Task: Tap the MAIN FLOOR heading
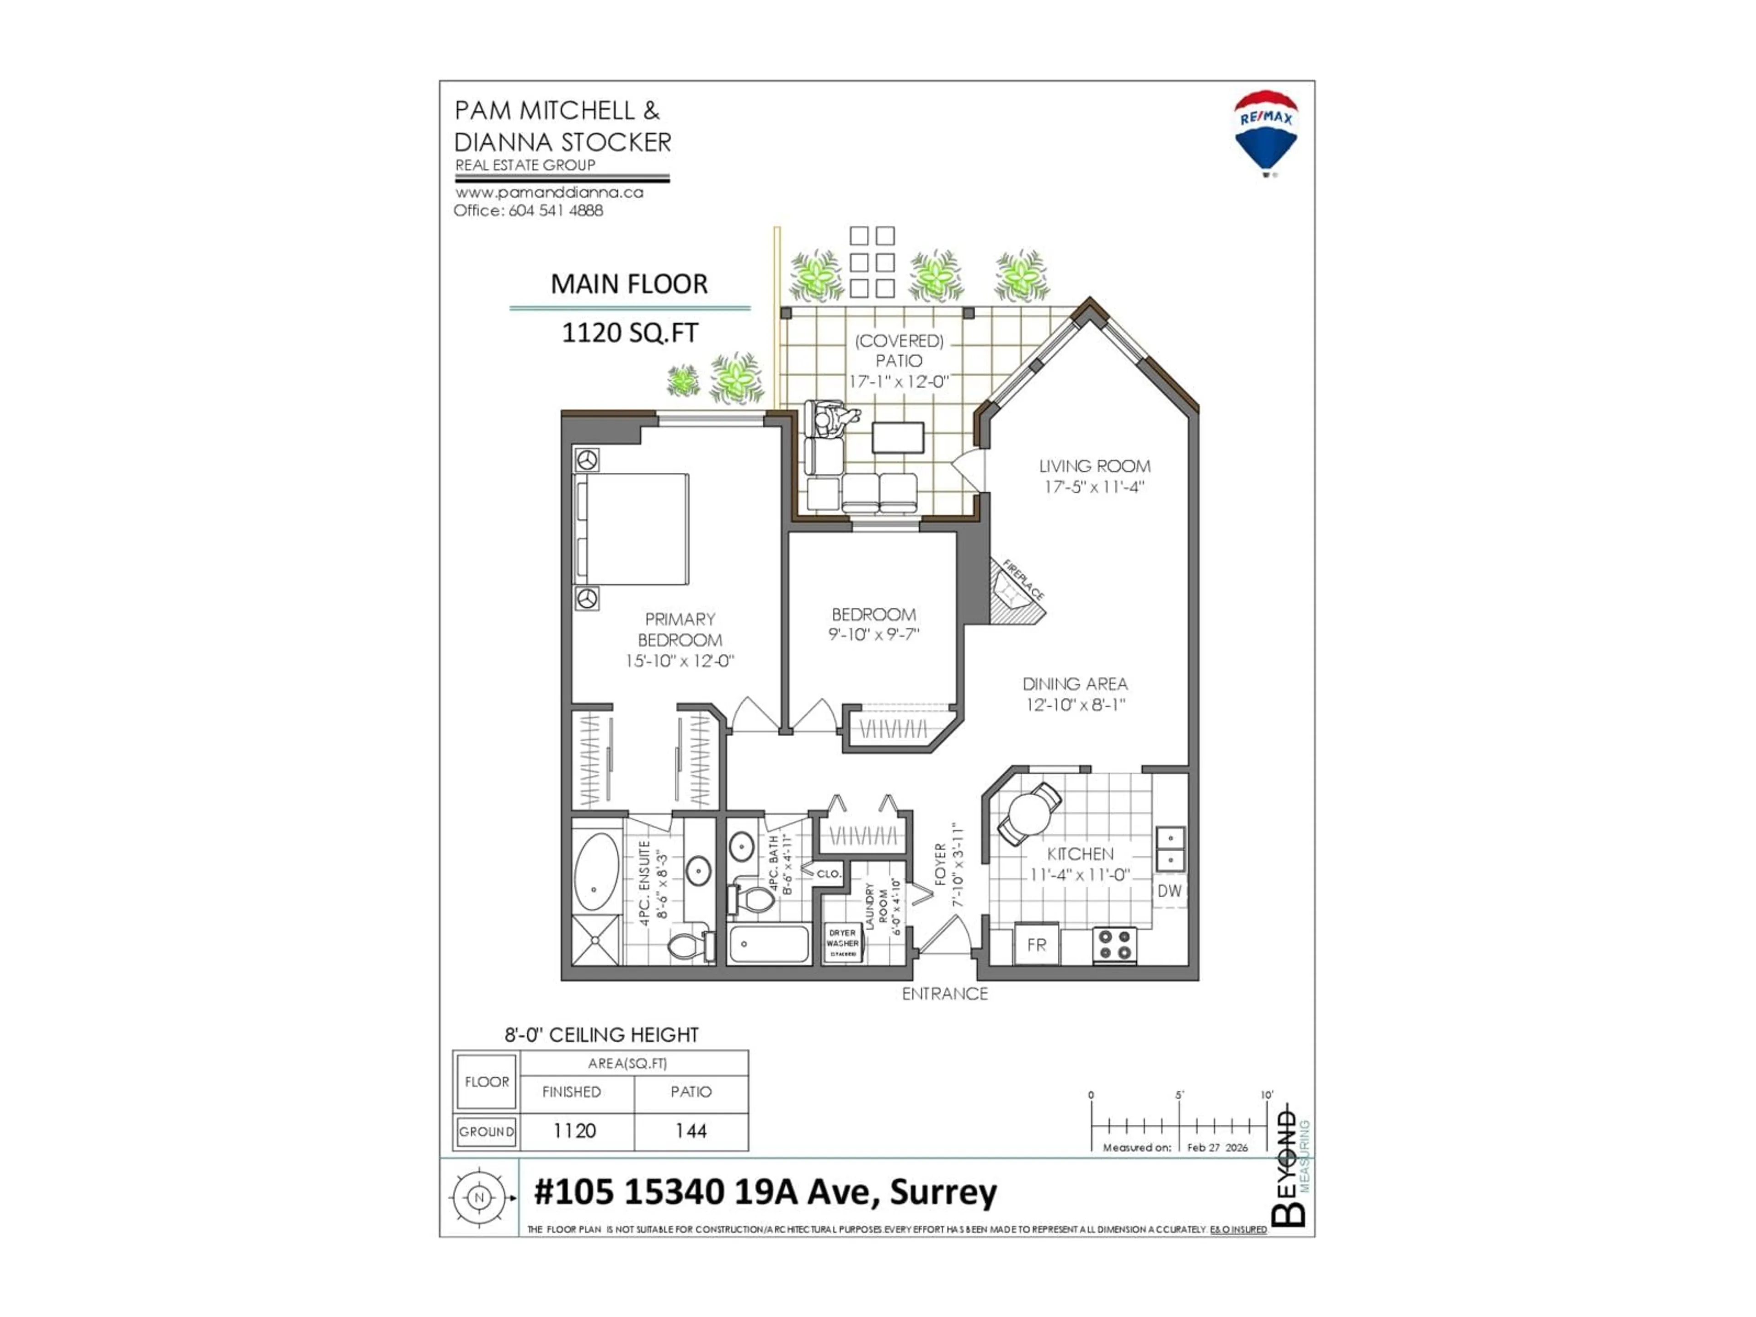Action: pos(629,284)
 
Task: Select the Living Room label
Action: pos(1095,466)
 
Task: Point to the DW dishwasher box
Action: pos(1169,891)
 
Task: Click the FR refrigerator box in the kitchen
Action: pos(1036,945)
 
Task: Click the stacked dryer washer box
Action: pos(842,943)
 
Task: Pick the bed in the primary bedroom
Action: pos(631,530)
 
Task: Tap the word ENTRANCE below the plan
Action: pos(945,994)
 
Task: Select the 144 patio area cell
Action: pos(691,1130)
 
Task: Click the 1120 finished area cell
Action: pos(574,1130)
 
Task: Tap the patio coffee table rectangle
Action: pos(898,438)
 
